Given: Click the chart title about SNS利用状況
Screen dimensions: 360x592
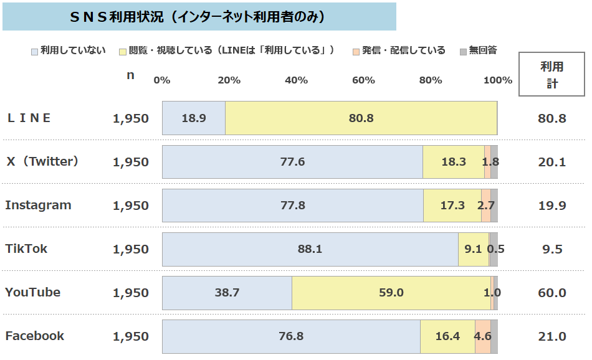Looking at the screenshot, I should (198, 17).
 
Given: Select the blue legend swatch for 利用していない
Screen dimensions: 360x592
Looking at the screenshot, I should (34, 50).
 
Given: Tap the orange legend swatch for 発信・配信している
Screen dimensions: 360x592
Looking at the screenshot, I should (356, 50).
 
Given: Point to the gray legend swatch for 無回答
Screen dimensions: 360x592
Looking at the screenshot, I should (463, 50).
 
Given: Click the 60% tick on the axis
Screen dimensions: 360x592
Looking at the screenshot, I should (363, 80).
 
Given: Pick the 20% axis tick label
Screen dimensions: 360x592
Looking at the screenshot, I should (229, 80).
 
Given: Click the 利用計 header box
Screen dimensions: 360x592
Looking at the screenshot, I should (551, 75).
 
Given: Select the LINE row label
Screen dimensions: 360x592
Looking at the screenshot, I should (29, 118).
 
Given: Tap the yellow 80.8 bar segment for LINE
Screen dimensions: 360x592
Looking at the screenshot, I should (361, 118).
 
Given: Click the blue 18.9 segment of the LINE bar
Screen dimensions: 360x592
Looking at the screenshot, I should (194, 118).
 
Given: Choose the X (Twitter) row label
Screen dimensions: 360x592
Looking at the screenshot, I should (42, 161).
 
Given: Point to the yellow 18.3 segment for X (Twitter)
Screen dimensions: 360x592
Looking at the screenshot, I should (453, 162).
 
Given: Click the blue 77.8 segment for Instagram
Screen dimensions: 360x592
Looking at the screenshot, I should (292, 206).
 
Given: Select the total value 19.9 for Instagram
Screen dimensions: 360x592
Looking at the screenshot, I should (551, 206).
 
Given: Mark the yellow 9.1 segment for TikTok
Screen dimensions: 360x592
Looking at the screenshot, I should (473, 249).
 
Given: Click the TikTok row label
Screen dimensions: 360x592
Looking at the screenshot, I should (26, 249).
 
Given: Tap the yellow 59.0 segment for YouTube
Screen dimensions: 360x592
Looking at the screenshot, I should (391, 293).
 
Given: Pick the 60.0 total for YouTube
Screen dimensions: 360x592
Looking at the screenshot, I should (551, 293).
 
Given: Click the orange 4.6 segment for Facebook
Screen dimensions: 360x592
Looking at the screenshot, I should (482, 336).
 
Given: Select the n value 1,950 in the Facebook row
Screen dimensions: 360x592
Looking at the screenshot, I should (131, 336).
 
